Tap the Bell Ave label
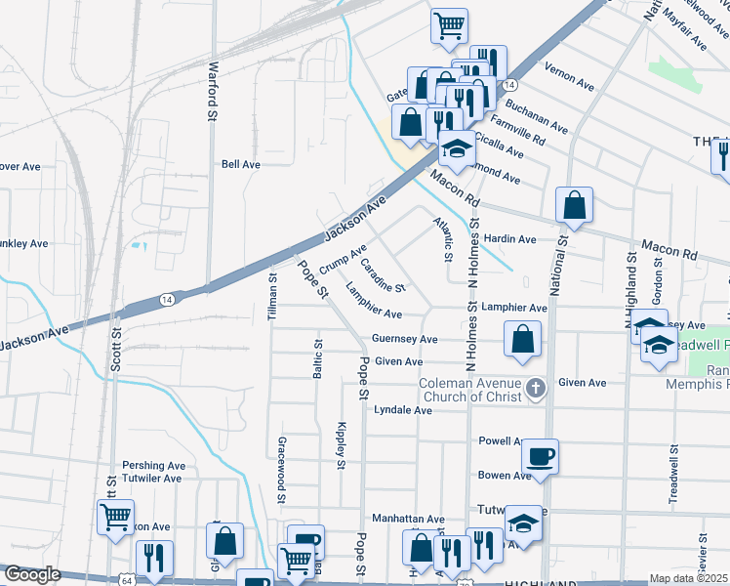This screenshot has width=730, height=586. click(x=241, y=164)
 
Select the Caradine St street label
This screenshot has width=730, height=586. click(x=383, y=274)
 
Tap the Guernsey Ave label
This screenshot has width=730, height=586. click(x=404, y=339)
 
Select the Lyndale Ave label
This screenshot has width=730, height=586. click(x=403, y=410)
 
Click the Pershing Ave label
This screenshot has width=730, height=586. click(x=153, y=466)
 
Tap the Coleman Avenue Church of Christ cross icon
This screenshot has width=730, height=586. click(x=534, y=390)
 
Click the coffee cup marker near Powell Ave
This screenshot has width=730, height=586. click(x=540, y=456)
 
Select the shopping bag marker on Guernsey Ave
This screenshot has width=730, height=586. click(x=523, y=339)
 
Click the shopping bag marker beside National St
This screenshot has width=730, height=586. click(x=574, y=205)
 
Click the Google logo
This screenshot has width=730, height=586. click(x=32, y=575)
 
